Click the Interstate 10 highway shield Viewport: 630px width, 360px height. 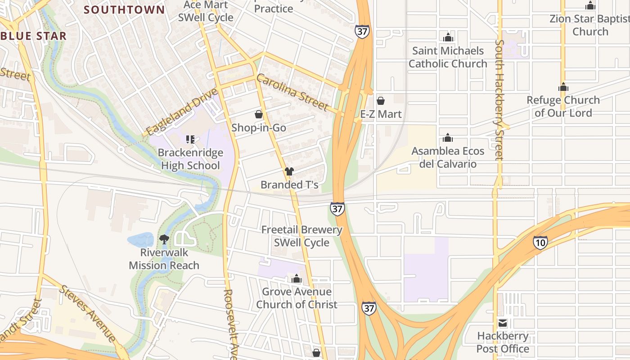click(x=540, y=243)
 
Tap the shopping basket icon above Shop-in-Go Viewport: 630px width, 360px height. click(x=259, y=114)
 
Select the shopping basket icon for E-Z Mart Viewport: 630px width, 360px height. click(x=381, y=101)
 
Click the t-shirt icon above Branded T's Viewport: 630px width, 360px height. click(x=289, y=171)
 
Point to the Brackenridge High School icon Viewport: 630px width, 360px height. click(x=190, y=139)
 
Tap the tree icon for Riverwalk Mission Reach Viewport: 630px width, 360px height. click(x=164, y=239)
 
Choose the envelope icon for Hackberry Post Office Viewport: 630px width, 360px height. click(x=503, y=323)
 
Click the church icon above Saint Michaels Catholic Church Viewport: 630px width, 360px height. click(x=448, y=37)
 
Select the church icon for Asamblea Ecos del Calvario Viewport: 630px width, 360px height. click(x=448, y=138)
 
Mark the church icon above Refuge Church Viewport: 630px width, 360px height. click(x=563, y=87)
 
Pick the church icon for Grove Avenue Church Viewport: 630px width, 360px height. click(x=296, y=279)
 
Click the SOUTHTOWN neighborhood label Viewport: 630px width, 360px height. click(x=124, y=9)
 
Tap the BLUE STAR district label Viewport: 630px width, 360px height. click(x=34, y=36)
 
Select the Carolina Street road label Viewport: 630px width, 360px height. click(x=292, y=93)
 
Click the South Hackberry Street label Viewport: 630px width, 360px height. click(x=499, y=100)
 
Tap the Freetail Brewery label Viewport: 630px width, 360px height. click(x=302, y=230)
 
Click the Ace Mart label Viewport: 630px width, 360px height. click(x=206, y=5)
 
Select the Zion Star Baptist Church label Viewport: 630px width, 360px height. click(x=589, y=19)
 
